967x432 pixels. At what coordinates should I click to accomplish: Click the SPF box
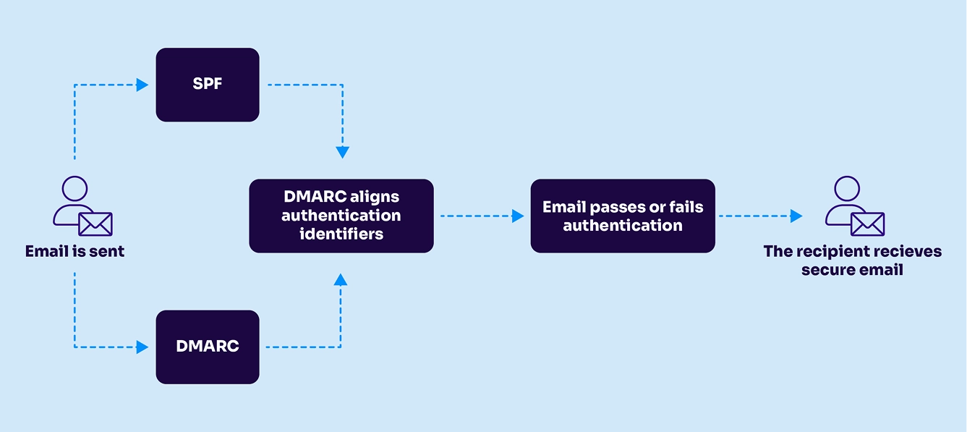click(208, 85)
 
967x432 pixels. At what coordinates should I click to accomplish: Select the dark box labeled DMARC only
click(208, 347)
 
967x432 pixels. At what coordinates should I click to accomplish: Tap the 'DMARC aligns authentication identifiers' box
click(341, 216)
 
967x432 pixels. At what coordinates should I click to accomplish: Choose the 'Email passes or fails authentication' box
click(622, 216)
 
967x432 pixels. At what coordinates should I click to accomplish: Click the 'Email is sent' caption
click(74, 252)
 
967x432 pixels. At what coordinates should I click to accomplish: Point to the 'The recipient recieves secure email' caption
click(852, 261)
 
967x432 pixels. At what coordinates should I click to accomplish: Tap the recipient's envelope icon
click(868, 224)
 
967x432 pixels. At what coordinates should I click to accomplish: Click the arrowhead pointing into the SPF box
click(142, 85)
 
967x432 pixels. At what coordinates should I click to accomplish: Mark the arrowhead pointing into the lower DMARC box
click(142, 347)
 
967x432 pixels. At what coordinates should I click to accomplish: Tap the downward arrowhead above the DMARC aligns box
click(342, 153)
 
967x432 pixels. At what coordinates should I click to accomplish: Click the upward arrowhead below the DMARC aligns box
click(341, 279)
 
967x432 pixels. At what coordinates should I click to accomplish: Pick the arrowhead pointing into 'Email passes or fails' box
click(518, 216)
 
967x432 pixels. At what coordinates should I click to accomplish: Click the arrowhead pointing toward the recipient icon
click(796, 216)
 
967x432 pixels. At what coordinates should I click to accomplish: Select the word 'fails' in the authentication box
click(685, 208)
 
